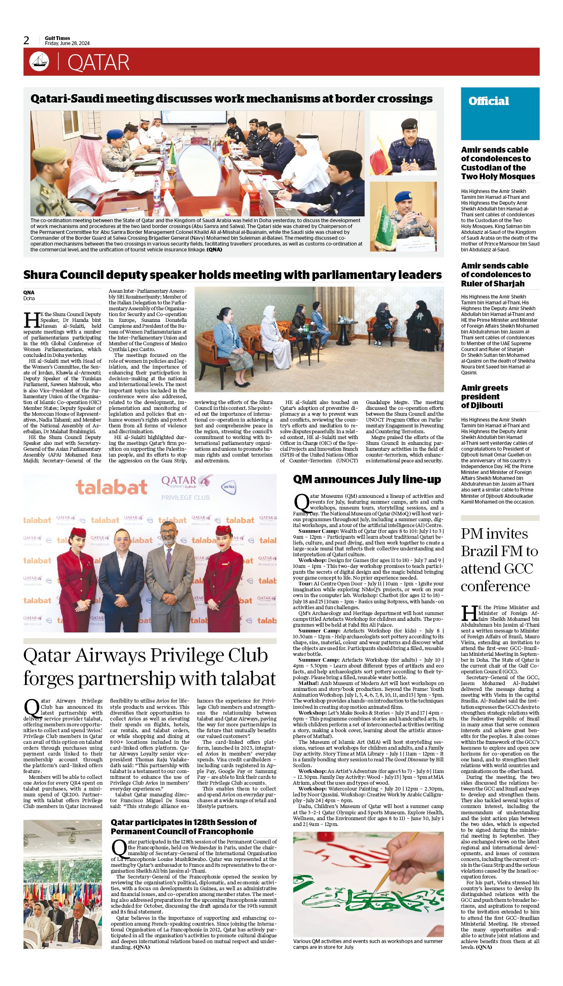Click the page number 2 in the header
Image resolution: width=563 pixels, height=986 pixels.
coord(27,40)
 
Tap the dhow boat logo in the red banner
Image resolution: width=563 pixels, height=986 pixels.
coord(39,62)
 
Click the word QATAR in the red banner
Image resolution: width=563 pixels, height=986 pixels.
coord(98,63)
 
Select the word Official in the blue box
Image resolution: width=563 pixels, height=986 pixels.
coord(488,101)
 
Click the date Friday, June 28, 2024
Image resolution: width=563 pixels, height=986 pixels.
coord(67,43)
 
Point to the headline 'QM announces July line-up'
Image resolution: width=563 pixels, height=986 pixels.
coord(367,479)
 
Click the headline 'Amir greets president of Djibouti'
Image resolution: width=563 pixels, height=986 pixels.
coord(484,396)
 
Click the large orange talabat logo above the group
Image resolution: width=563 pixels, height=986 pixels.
coord(111,487)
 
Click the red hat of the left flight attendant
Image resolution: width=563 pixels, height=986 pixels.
coord(78,532)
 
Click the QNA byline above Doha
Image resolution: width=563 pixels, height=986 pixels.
coord(29,292)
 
